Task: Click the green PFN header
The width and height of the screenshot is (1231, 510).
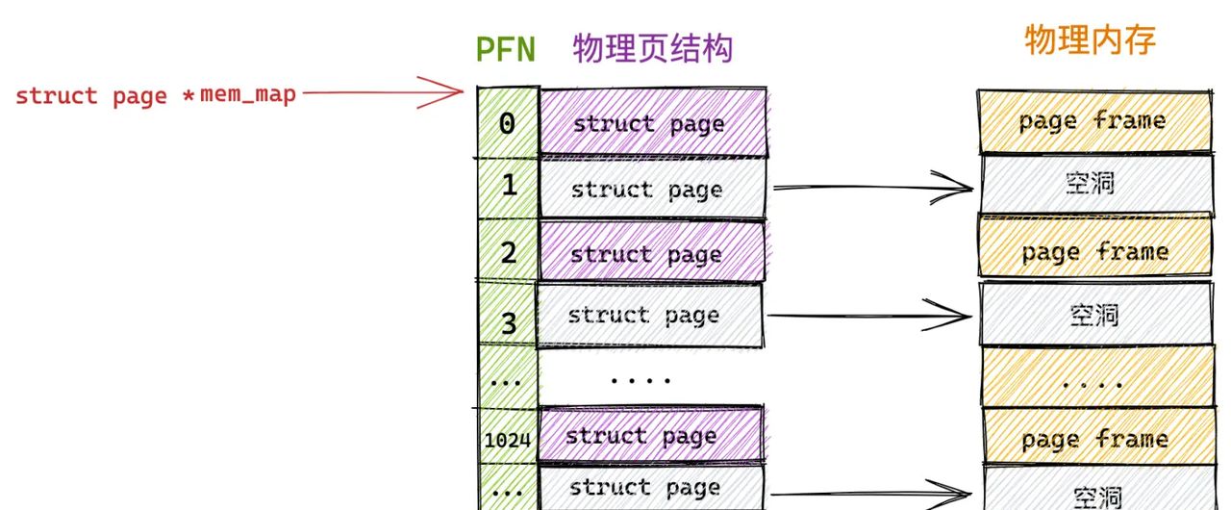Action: click(x=505, y=49)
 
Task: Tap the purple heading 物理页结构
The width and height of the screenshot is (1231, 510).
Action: click(x=653, y=48)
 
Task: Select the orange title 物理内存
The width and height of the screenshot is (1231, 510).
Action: click(x=1090, y=40)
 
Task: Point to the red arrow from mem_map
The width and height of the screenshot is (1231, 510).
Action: click(x=385, y=92)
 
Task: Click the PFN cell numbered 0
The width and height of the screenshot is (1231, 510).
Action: click(x=507, y=123)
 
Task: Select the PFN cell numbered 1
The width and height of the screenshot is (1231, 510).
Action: click(x=508, y=186)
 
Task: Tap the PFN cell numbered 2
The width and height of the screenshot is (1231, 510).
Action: click(x=508, y=252)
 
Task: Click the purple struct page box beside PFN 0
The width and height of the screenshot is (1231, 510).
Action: click(x=652, y=123)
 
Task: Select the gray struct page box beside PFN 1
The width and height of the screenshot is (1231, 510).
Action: click(x=652, y=188)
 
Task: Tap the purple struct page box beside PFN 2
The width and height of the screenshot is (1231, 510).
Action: click(x=652, y=254)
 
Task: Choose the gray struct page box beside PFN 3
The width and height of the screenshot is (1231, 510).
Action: click(x=650, y=316)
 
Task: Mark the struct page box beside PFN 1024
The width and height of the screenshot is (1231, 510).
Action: click(x=649, y=435)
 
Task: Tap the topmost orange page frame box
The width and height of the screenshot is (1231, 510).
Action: click(x=1093, y=121)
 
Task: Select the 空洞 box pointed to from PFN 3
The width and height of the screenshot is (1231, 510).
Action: click(x=1095, y=314)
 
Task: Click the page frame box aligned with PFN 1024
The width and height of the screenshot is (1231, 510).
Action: click(x=1095, y=439)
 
